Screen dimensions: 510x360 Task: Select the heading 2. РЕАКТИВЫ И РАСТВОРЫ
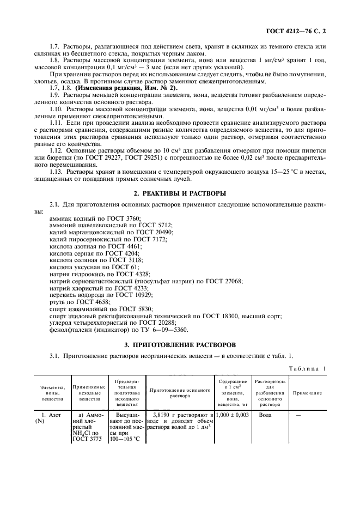tap(180, 193)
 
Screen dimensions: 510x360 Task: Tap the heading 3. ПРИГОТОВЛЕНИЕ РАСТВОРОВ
tap(180, 345)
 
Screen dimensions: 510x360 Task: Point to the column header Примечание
tap(308, 393)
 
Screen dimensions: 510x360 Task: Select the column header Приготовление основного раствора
tap(180, 393)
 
